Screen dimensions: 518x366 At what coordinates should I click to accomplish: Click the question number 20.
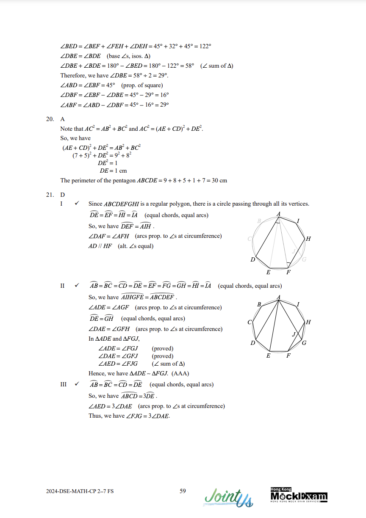[50, 119]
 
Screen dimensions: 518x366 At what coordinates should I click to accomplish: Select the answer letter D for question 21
[63, 194]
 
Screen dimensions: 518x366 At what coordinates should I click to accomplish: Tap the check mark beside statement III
[77, 384]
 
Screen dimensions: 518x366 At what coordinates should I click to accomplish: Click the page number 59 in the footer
[183, 491]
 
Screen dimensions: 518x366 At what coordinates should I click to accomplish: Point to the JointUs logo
[229, 497]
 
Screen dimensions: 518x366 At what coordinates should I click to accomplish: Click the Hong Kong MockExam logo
[299, 495]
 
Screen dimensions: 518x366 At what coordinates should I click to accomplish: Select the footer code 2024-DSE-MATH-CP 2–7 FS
[80, 491]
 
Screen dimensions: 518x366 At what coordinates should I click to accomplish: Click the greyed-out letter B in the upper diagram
[259, 221]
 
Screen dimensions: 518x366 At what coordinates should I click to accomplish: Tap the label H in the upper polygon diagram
[308, 239]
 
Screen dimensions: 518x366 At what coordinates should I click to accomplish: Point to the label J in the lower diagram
[294, 334]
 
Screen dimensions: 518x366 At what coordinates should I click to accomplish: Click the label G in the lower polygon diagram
[304, 342]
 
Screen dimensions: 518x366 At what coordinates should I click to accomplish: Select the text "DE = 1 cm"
[113, 171]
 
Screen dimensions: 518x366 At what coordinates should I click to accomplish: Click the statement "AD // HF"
[100, 246]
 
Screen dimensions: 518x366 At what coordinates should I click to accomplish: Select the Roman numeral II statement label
[63, 286]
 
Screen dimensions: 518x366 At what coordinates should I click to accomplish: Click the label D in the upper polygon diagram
[253, 259]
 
